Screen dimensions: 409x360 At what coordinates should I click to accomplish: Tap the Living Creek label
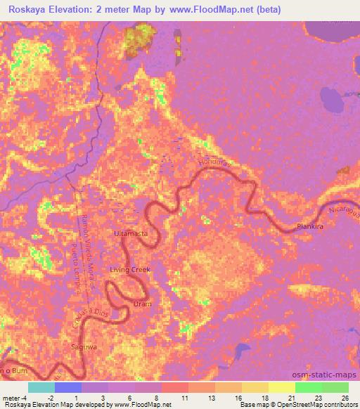129,270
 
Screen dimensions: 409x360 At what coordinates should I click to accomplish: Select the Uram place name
143,304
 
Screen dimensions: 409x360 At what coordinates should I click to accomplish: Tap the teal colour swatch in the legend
41,387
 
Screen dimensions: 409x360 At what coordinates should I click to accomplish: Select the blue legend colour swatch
68,387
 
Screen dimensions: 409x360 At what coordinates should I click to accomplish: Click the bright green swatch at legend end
335,387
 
